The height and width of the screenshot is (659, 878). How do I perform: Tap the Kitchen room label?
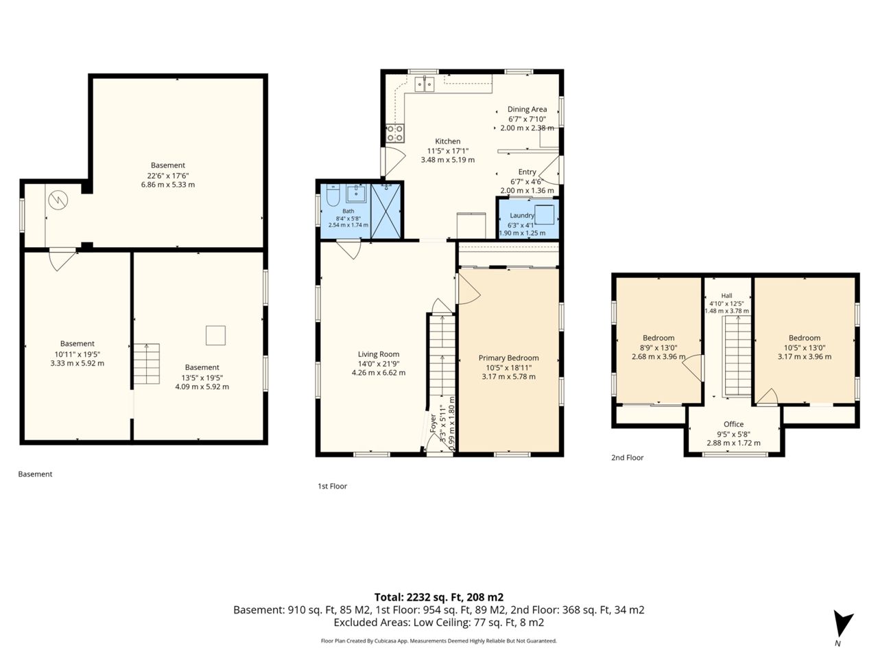point(448,141)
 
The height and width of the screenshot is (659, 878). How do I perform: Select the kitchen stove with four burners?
point(395,133)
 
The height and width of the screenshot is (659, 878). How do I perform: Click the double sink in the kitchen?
point(425,84)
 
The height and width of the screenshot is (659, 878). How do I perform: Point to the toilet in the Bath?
point(333,195)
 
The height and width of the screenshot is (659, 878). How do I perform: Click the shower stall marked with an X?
point(385,211)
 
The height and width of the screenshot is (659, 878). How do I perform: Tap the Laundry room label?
point(521,216)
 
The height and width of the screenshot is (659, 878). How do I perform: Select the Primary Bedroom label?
point(508,358)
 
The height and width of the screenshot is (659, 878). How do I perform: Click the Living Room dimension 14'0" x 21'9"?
point(379,364)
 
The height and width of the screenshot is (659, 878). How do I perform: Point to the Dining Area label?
point(527,109)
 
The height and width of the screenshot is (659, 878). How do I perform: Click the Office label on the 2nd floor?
point(733,424)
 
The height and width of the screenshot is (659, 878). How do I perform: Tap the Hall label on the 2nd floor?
point(726,296)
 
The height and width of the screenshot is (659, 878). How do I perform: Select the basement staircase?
point(146,364)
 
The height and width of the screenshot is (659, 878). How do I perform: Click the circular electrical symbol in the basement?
point(58,200)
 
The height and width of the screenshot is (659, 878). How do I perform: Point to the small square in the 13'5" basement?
point(215,335)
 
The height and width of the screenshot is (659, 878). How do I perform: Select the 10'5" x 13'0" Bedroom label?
point(805,338)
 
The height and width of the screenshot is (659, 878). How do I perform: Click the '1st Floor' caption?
point(333,486)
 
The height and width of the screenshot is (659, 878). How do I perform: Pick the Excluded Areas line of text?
point(439,623)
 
